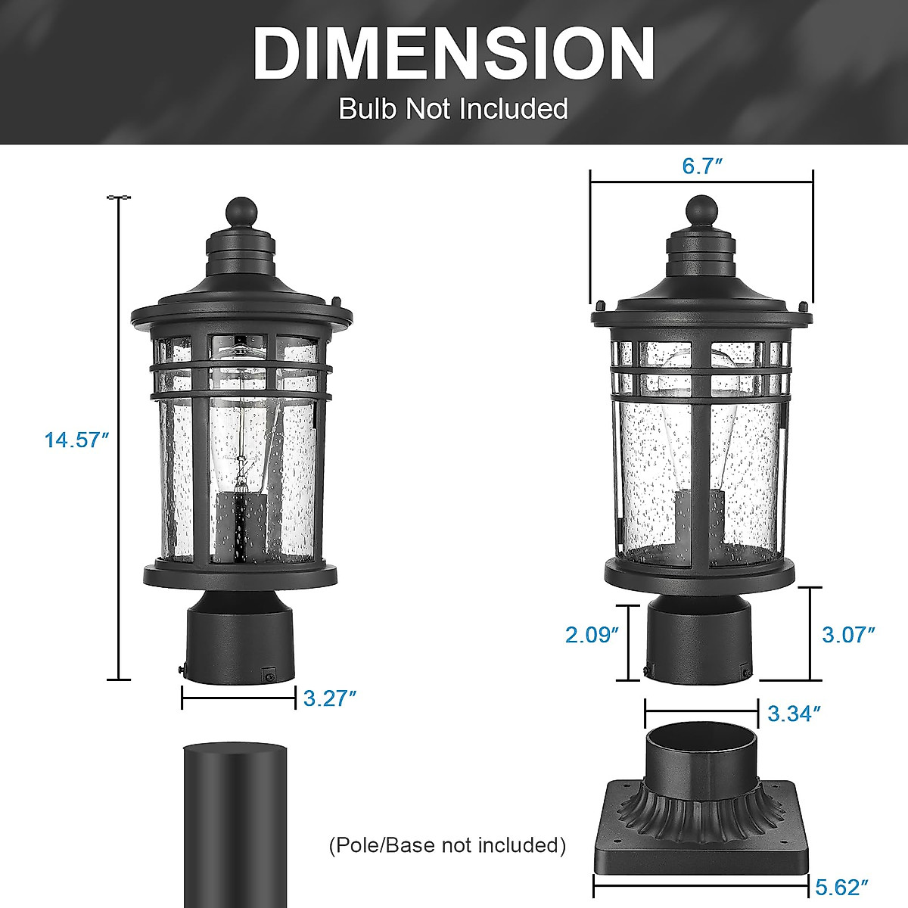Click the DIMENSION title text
[454, 54]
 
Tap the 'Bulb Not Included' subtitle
[453, 108]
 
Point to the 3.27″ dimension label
[329, 698]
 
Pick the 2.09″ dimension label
[592, 634]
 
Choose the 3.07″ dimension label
[848, 634]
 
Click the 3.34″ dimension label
[794, 713]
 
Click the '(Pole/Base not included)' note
[448, 845]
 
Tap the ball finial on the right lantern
[701, 210]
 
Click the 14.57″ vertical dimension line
[119, 439]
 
